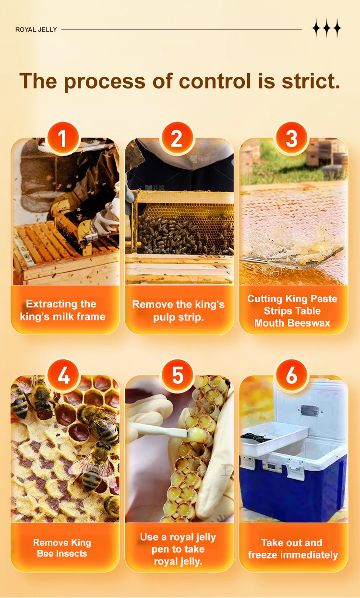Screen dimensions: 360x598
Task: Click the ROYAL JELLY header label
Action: pyautogui.click(x=36, y=30)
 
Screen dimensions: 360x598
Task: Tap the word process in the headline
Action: pyautogui.click(x=105, y=83)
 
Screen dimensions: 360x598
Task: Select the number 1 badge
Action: pyautogui.click(x=63, y=138)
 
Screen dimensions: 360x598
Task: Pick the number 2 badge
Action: pyautogui.click(x=177, y=138)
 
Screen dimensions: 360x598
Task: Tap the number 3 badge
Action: pyautogui.click(x=291, y=138)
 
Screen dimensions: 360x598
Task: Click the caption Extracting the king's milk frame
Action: pyautogui.click(x=63, y=310)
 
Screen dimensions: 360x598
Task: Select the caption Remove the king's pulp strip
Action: pyautogui.click(x=178, y=311)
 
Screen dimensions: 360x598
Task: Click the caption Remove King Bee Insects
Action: pyautogui.click(x=62, y=548)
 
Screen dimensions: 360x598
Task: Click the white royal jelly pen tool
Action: pyautogui.click(x=160, y=429)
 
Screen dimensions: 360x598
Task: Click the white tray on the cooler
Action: pyautogui.click(x=275, y=439)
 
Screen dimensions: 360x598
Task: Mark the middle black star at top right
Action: pyautogui.click(x=327, y=28)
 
